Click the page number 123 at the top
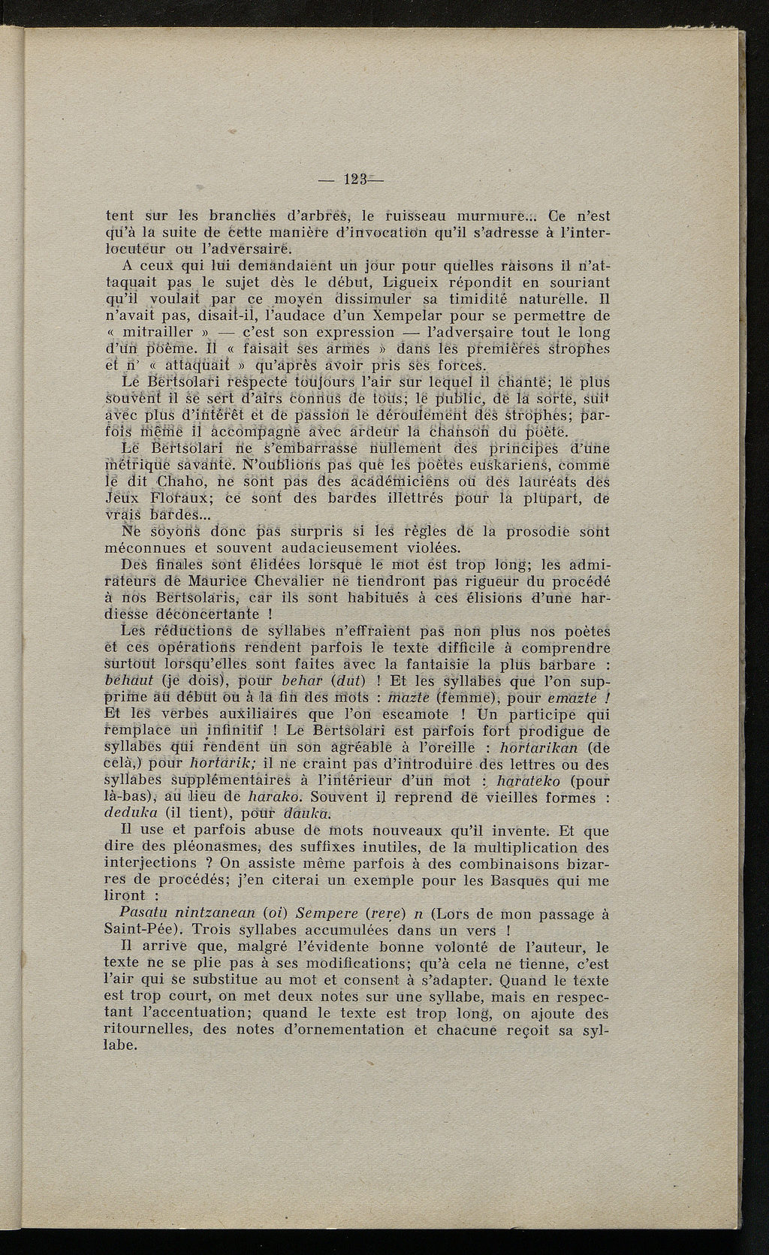pos(352,180)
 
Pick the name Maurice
pos(214,581)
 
